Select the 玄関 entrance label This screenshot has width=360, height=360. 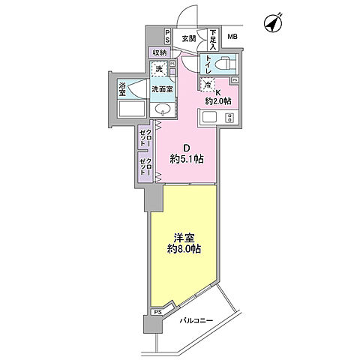[x=187, y=37]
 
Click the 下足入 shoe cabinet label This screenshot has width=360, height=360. [x=213, y=38]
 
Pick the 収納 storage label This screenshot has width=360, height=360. [x=160, y=52]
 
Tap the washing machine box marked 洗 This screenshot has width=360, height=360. [x=158, y=70]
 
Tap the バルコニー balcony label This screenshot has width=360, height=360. [x=197, y=321]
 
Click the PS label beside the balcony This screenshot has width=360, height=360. [x=157, y=312]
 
